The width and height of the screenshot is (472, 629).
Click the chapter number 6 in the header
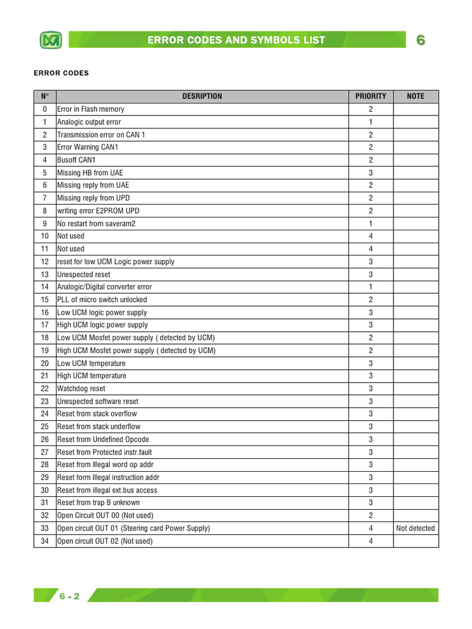[x=421, y=41]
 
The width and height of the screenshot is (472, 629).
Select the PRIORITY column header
[x=371, y=96]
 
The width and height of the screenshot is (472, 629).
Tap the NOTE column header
[x=415, y=96]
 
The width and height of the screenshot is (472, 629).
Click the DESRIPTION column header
[x=202, y=96]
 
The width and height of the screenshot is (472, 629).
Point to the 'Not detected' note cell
[x=415, y=528]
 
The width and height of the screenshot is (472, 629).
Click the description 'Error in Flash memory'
[x=90, y=109]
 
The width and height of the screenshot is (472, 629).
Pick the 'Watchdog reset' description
[x=81, y=388]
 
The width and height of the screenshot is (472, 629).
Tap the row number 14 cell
[x=44, y=287]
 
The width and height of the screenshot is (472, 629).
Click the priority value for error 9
[x=371, y=224]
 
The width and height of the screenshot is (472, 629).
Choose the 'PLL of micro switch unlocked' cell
[x=102, y=300]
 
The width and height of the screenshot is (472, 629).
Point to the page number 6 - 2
[x=69, y=596]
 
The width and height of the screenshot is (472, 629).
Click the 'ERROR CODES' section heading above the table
[x=61, y=73]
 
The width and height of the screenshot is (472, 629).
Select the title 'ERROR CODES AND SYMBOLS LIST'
[x=237, y=41]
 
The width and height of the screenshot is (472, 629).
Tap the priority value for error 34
[x=371, y=541]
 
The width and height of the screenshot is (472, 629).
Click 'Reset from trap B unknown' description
[x=98, y=503]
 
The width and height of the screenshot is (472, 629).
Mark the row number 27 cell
[x=44, y=452]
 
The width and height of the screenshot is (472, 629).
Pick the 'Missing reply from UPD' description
[x=93, y=198]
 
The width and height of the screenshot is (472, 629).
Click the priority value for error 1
[x=371, y=122]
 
